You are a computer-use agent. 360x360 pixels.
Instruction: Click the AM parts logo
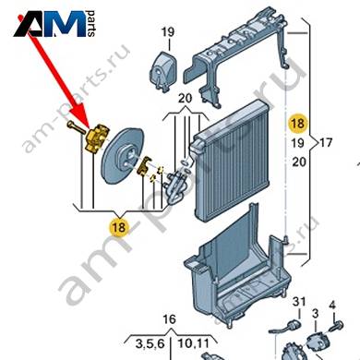pos(54,24)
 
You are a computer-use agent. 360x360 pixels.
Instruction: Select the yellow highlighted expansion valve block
pos(97,138)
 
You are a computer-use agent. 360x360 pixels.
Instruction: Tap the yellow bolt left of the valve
pos(76,127)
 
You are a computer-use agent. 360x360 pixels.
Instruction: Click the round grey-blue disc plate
pos(123,156)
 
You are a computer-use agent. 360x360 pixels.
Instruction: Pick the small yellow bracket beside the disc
pos(144,165)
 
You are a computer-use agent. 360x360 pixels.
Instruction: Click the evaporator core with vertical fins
pos(230,160)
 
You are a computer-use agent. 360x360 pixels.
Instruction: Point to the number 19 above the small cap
pos(168,31)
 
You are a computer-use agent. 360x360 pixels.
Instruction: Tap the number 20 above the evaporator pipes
pos(185,98)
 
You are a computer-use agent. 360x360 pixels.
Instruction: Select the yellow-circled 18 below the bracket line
pos(119,227)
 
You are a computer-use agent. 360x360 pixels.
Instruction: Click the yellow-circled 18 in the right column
pos(297,123)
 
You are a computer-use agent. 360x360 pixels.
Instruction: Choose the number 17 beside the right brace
pos(326,142)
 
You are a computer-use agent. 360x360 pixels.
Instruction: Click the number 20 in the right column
pos(298,162)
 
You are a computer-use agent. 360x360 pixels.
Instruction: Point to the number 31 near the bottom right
pos(299,301)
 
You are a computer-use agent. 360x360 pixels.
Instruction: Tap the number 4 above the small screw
pos(332,306)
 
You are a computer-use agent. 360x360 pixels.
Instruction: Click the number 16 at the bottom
pos(169,319)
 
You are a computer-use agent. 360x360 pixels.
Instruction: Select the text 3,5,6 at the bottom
pos(150,344)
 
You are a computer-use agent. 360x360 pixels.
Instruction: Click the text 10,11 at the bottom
pos(194,343)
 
